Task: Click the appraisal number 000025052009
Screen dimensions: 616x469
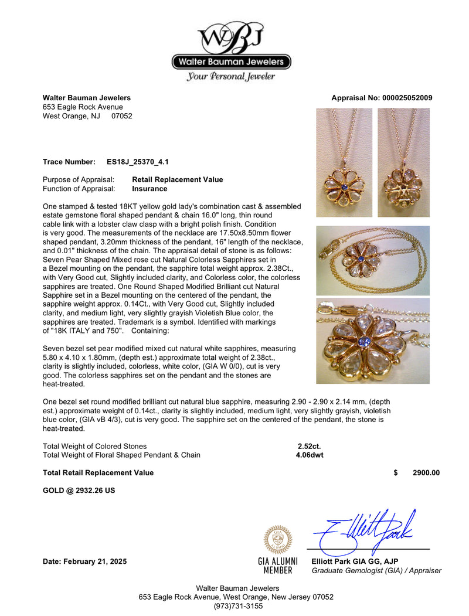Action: point(404,98)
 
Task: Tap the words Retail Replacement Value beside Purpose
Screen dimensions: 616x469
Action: point(178,179)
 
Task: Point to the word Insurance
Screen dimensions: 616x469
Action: point(149,189)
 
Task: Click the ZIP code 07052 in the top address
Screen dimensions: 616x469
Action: point(122,116)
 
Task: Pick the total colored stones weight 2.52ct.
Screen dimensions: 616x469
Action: point(309,446)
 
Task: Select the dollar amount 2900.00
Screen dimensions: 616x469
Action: point(426,473)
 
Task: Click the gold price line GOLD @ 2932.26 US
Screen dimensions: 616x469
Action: point(79,491)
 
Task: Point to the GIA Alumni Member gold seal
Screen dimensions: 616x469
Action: point(278,539)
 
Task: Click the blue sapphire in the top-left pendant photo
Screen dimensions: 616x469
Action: point(345,186)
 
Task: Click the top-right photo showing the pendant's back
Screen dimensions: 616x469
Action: point(403,162)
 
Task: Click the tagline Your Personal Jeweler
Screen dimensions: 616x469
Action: point(231,76)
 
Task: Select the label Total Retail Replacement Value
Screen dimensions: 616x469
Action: point(98,473)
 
